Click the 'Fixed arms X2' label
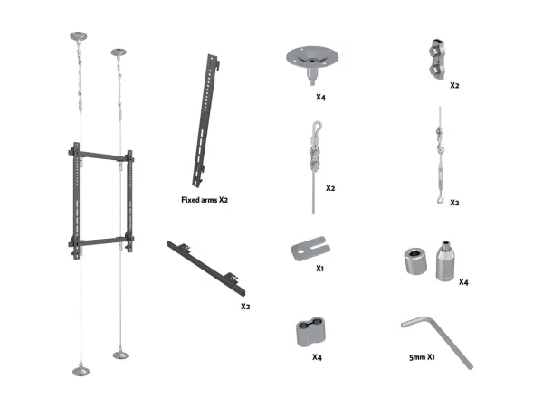coord(205,200)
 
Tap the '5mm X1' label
coord(422,357)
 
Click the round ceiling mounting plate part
coord(312,63)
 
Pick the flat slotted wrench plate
coord(310,248)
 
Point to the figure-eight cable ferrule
coord(310,332)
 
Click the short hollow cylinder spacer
coord(415,261)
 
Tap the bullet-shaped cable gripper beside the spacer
coord(445,261)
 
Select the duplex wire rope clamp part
coord(437,59)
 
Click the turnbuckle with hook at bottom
coord(440,155)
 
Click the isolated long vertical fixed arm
coord(206,120)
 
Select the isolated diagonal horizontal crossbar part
coord(206,269)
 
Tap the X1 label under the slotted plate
coord(319,269)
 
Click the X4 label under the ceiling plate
coord(320,98)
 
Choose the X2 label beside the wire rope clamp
coord(454,85)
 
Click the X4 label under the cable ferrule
coord(317,357)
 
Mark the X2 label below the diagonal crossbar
coord(245,307)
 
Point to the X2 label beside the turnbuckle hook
coord(454,203)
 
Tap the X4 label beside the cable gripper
coord(463,282)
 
